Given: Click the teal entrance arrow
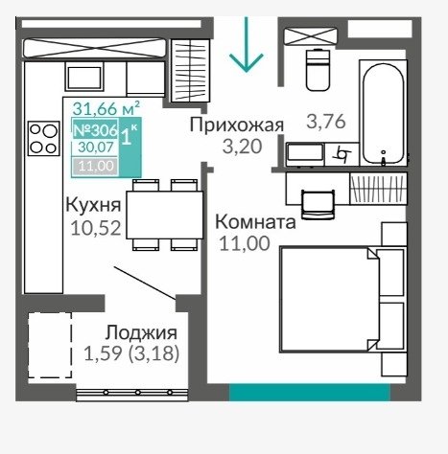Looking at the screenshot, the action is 246,45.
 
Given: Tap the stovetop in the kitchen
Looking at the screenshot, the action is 44,138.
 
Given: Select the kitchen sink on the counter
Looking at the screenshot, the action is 84,77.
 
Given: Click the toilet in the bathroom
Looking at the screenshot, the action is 318,70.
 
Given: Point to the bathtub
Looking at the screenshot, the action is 383,113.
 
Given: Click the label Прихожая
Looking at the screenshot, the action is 237,125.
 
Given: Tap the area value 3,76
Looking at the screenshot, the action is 326,122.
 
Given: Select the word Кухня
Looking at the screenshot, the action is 93,205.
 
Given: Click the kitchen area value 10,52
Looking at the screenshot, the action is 96,228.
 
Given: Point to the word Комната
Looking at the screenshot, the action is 255,222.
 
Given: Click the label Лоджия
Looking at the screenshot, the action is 141,332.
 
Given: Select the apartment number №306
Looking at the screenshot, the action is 96,130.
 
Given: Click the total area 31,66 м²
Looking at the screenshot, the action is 106,108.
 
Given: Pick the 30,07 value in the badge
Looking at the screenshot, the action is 96,148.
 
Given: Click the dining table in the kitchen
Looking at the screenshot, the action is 165,215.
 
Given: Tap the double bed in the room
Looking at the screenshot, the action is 343,300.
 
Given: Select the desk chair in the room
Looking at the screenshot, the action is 318,204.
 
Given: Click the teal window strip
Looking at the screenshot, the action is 310,393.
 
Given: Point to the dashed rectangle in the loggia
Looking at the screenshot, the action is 50,345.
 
